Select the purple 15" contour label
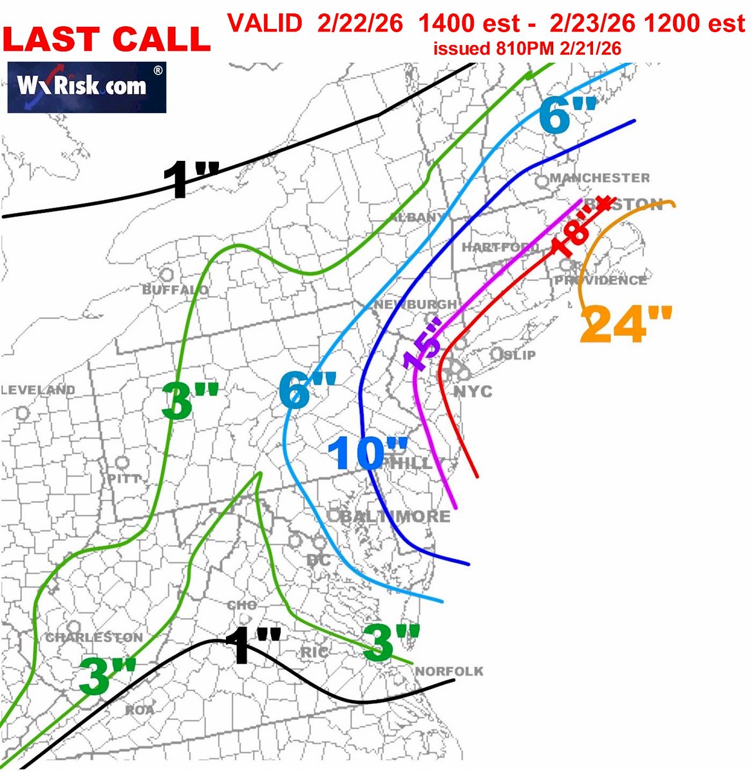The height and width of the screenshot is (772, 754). [423, 344]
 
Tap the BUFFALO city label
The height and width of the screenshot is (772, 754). [175, 290]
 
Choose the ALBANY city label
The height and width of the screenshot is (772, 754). [417, 217]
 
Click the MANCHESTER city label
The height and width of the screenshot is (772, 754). [599, 178]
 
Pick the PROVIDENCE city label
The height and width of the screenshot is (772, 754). [600, 280]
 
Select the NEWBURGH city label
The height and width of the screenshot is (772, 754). [415, 304]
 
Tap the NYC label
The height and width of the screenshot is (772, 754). [473, 391]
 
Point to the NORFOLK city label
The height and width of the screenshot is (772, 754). [449, 672]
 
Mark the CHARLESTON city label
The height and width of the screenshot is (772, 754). [94, 638]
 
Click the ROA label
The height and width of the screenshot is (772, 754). [140, 710]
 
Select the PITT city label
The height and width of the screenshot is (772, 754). [124, 479]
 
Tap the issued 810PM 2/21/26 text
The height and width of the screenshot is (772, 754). [527, 49]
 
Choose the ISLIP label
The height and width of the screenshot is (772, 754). [519, 354]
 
